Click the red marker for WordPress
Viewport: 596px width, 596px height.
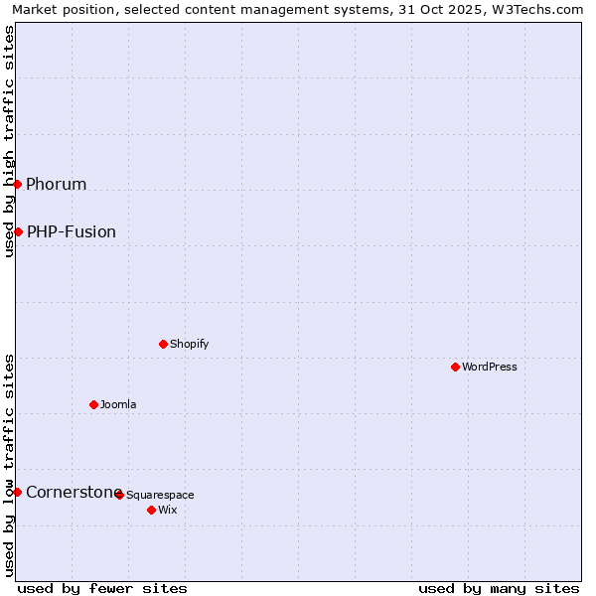(455, 367)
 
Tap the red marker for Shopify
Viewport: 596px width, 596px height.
(163, 344)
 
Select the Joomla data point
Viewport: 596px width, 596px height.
(93, 404)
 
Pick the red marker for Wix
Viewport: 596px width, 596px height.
(151, 510)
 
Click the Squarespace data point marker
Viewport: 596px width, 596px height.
(119, 495)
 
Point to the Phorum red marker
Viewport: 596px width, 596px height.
(17, 184)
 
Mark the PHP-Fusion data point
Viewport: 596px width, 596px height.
(18, 231)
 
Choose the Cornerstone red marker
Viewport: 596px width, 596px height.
(17, 492)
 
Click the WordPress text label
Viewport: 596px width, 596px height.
(490, 367)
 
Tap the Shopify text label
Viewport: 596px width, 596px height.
(190, 344)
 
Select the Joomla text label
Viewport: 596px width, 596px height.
(118, 404)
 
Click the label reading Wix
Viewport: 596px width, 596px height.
(168, 510)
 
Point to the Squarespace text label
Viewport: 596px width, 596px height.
(161, 495)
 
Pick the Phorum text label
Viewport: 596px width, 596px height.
(57, 184)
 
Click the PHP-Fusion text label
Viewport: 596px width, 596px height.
(72, 231)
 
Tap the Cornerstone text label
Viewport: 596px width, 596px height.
(72, 492)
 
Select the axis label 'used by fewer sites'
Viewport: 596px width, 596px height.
(102, 588)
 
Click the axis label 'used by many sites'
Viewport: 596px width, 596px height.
(499, 588)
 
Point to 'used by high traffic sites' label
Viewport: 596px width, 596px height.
(9, 142)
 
